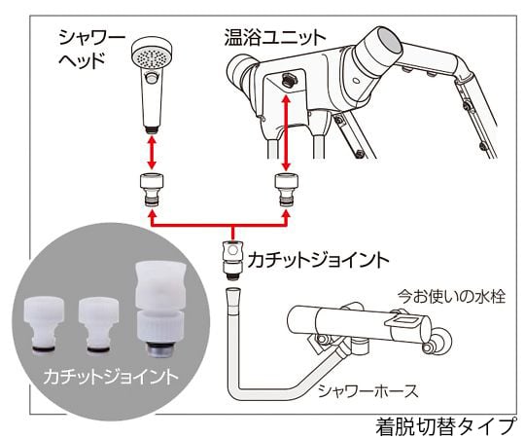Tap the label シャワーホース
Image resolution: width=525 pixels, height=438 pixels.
367,390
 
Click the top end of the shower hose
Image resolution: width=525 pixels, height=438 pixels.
231,293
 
